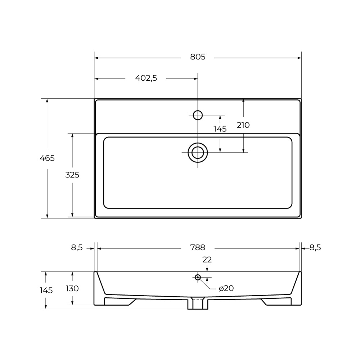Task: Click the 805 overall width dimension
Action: pyautogui.click(x=198, y=57)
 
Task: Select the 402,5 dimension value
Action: pyautogui.click(x=146, y=78)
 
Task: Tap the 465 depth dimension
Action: pyautogui.click(x=47, y=158)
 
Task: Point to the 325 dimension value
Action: pyautogui.click(x=72, y=175)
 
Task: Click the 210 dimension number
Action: pyautogui.click(x=243, y=125)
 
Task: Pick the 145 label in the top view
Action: pyautogui.click(x=220, y=129)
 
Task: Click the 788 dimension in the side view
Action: pyautogui.click(x=198, y=248)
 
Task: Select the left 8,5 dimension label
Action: pyautogui.click(x=77, y=248)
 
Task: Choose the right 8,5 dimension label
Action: pyautogui.click(x=315, y=248)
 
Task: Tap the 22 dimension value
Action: pyautogui.click(x=207, y=260)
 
